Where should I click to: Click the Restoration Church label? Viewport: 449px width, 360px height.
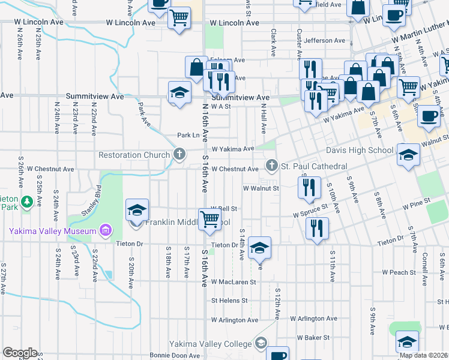coord(134,155)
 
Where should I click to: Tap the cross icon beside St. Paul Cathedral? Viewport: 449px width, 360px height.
coord(271,165)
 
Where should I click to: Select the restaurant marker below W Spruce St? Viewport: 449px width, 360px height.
coord(316,228)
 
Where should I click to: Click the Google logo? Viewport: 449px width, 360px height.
coord(20,352)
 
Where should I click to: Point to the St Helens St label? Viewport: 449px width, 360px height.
coord(229,301)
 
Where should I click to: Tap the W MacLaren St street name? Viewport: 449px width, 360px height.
coord(233,281)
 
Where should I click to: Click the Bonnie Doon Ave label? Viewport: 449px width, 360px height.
coord(174,356)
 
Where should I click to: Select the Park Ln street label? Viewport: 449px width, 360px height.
coord(188,136)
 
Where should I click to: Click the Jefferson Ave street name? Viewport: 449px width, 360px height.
coord(325,41)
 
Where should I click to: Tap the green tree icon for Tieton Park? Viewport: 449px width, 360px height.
coord(26,200)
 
